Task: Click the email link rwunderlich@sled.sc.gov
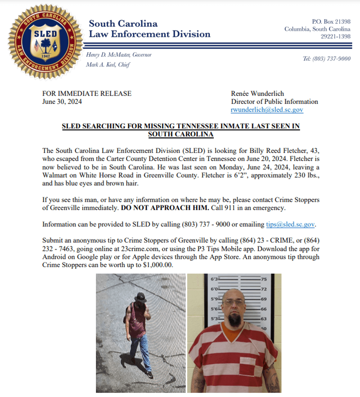click(267, 110)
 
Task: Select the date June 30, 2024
click(62, 102)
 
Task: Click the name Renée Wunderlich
click(258, 94)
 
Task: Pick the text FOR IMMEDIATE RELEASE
click(87, 94)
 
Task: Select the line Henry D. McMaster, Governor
click(119, 55)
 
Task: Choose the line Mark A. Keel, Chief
click(108, 65)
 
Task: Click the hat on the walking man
click(140, 297)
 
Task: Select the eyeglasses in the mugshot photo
click(234, 302)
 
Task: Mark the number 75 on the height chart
click(264, 279)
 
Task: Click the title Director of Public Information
click(274, 102)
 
